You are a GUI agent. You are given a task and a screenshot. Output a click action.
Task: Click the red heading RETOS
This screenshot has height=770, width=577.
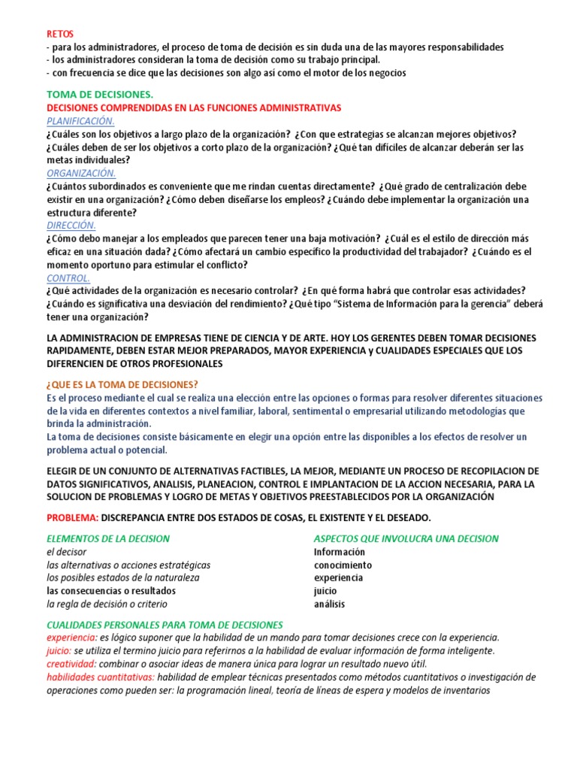60,34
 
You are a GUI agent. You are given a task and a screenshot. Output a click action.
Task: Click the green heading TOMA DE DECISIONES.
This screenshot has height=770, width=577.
99,95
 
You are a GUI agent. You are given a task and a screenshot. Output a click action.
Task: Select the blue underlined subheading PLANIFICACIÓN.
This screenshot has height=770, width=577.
80,121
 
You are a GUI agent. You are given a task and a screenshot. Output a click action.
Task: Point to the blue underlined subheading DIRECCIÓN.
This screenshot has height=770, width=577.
71,225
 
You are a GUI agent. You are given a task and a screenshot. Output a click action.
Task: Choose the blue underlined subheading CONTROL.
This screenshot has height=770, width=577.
68,277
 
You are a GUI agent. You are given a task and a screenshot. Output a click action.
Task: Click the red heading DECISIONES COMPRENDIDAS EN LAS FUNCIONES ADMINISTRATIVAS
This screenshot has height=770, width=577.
193,108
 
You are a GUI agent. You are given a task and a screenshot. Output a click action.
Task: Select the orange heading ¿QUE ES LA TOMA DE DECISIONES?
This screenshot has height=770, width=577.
122,384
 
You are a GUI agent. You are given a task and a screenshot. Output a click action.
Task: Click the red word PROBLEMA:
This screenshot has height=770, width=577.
72,518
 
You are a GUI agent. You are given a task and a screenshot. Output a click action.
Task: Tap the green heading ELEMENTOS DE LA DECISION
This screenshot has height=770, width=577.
108,538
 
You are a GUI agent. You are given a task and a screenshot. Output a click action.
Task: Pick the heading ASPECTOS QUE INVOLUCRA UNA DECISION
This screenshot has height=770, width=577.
406,538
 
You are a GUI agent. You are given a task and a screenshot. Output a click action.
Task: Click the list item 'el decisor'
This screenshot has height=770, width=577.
67,552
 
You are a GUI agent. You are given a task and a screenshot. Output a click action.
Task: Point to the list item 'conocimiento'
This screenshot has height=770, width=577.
343,565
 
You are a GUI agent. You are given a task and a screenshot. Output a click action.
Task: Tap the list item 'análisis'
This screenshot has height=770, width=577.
329,604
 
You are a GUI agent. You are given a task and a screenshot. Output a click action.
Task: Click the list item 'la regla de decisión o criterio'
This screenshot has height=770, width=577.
107,604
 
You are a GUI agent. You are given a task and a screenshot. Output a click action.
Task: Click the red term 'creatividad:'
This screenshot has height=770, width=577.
71,664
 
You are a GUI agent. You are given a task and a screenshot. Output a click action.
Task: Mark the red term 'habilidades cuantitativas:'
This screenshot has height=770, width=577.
101,677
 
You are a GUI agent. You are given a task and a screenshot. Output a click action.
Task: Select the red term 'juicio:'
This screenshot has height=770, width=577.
59,650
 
